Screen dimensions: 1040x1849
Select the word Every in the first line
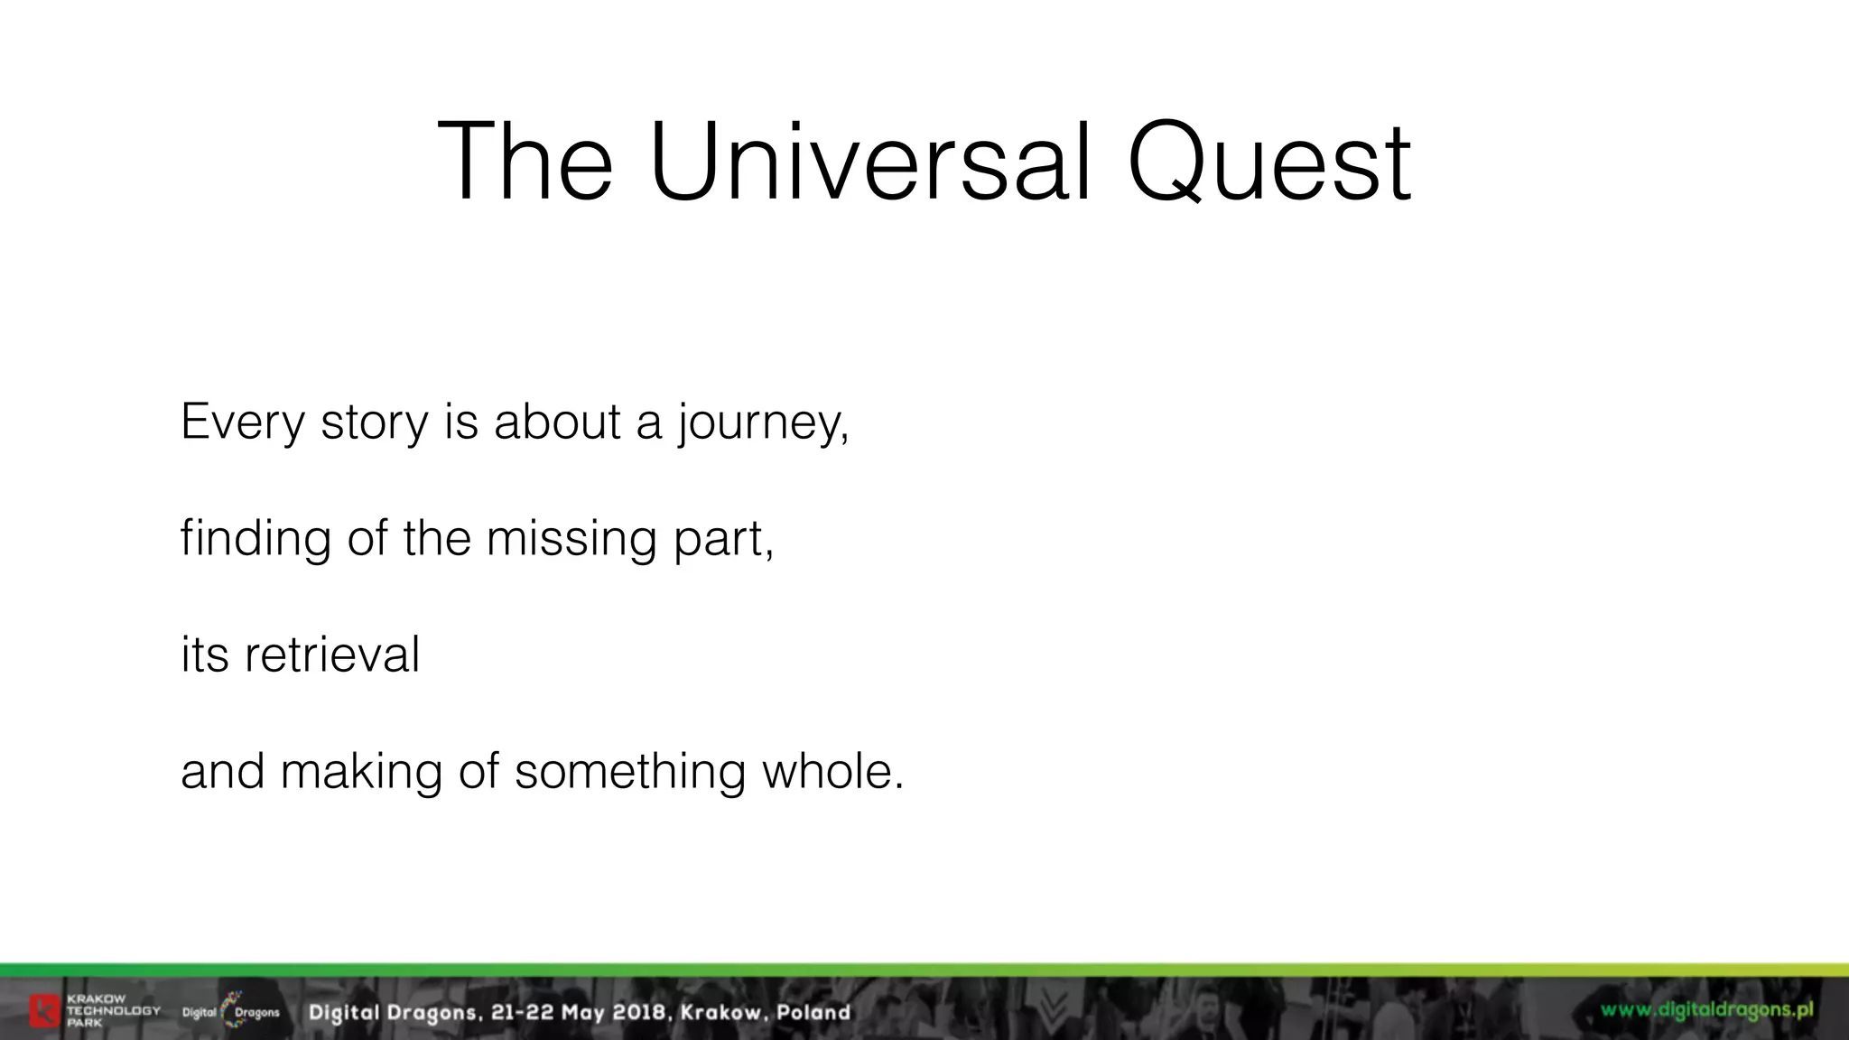(242, 422)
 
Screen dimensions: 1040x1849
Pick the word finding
(255, 539)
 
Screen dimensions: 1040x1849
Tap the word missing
(571, 539)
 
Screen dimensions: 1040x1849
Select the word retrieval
(331, 655)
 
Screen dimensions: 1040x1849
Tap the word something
(629, 772)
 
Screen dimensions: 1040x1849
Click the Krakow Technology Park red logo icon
(44, 1011)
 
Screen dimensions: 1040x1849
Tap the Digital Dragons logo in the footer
(231, 1011)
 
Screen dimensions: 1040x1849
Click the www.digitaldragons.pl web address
(1706, 1009)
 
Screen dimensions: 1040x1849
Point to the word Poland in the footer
(813, 1012)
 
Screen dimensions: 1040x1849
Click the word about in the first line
(557, 422)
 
